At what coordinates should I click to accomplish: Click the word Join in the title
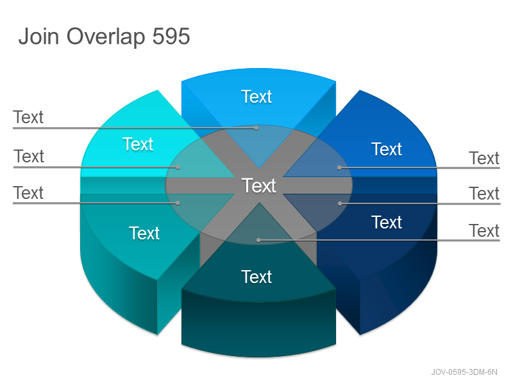pos(38,36)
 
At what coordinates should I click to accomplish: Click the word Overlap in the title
pos(106,37)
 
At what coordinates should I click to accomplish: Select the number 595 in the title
pos(171,36)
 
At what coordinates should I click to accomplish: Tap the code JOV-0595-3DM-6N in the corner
pos(464,372)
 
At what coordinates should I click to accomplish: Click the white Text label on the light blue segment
pos(256,97)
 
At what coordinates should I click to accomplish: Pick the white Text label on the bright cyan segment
pos(138,144)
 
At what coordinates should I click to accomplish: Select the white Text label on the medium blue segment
pos(387,150)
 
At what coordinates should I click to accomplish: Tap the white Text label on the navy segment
pos(387,222)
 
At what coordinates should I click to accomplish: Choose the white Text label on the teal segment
pos(144,233)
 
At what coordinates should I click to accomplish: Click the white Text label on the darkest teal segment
pos(256,277)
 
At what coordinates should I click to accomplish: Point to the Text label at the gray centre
pos(259,185)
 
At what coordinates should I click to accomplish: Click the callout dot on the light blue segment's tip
pos(256,128)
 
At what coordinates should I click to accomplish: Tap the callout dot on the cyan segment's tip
pos(178,167)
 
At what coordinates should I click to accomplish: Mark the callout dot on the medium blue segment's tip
pos(340,167)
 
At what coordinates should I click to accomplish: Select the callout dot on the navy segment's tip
pos(340,203)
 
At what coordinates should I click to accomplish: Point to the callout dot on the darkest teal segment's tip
pos(258,240)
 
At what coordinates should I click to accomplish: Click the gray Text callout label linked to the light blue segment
pos(28,117)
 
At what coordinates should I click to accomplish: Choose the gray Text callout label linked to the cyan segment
pos(29,156)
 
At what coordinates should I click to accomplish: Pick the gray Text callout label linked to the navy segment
pos(484,194)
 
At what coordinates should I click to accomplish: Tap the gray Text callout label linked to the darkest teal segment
pos(484,231)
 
